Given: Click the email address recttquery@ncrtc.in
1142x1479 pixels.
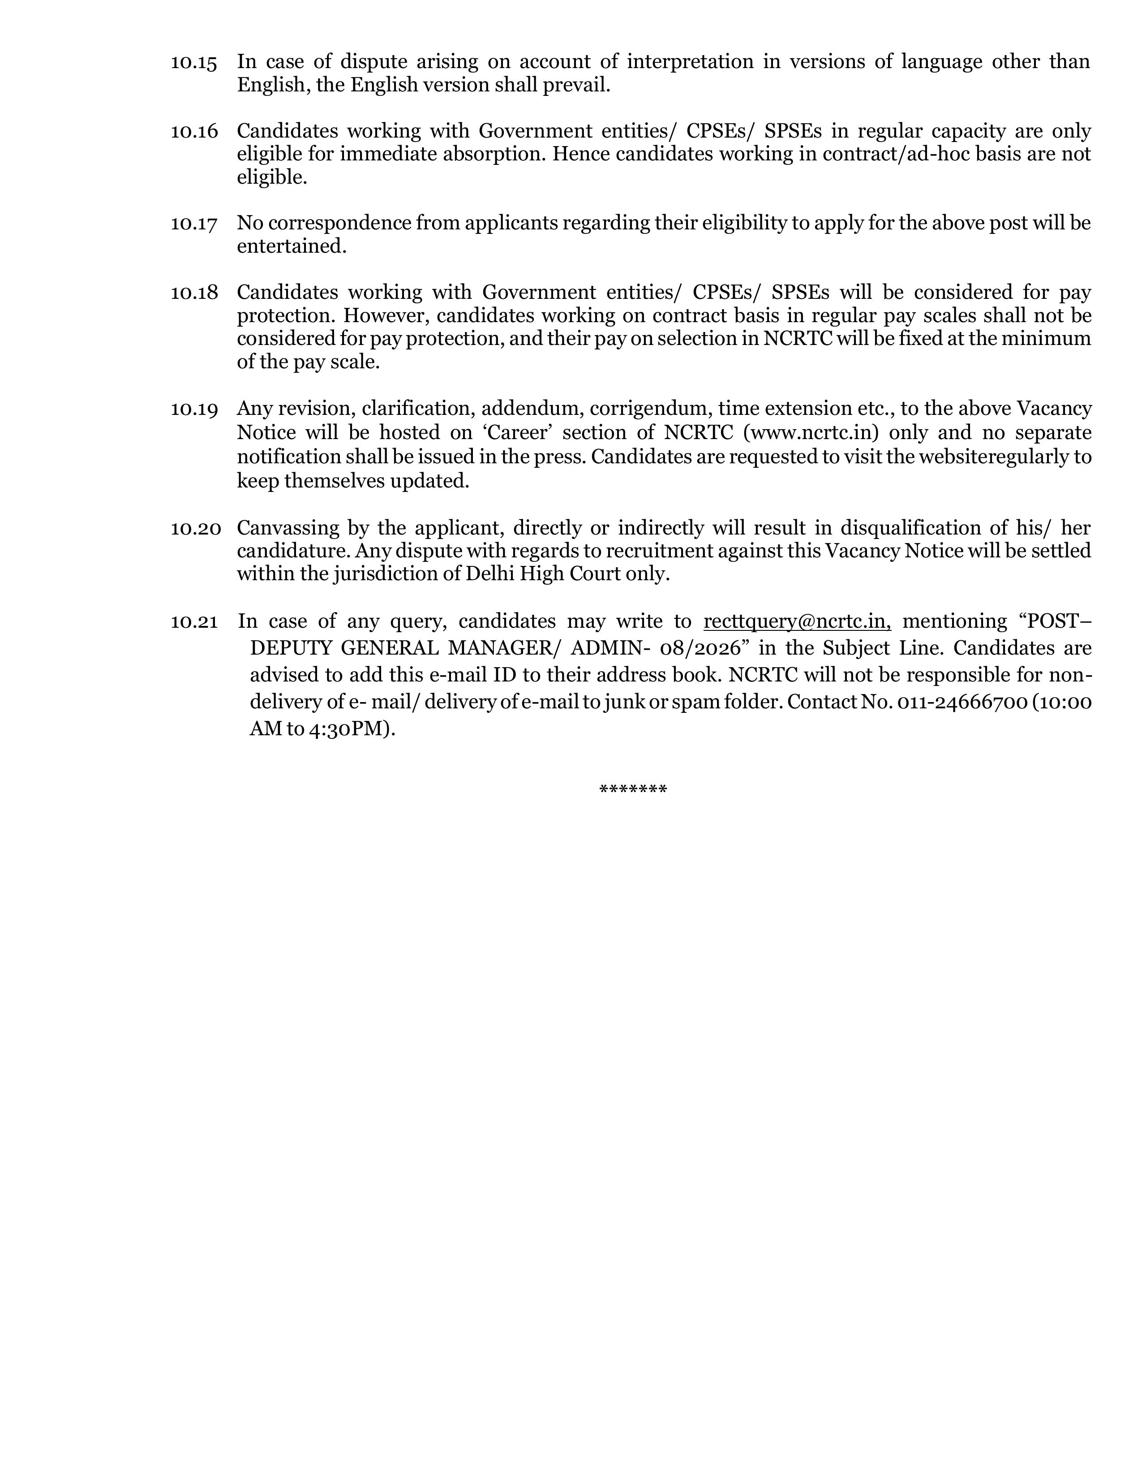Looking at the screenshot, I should (x=797, y=621).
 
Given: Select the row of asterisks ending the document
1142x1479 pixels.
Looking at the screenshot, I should (x=633, y=789).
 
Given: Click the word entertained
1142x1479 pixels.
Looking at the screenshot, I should (x=291, y=246).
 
